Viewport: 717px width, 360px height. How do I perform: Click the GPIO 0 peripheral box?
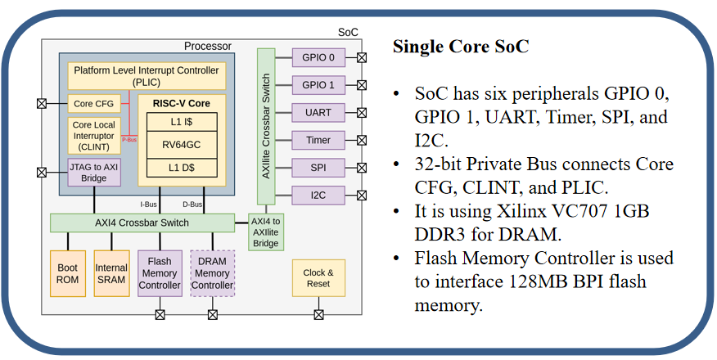click(x=318, y=57)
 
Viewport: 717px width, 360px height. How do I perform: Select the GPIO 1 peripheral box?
click(x=318, y=84)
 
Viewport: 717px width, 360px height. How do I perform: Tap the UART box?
click(x=318, y=112)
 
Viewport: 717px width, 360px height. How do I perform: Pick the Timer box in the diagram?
click(x=318, y=140)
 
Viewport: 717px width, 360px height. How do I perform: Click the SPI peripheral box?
click(x=318, y=167)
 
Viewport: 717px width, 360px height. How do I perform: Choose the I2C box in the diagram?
click(x=318, y=195)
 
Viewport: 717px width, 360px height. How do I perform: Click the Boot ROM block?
click(x=67, y=273)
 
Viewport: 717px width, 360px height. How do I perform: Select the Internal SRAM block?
click(x=111, y=273)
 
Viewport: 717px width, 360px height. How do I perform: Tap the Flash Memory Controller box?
click(x=160, y=273)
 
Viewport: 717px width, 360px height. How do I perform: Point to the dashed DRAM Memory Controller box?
click(x=212, y=273)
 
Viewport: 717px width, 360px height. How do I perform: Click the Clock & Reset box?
click(x=318, y=278)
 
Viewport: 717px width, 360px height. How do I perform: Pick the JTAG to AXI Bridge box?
click(x=94, y=173)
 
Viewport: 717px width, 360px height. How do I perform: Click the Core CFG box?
click(x=94, y=104)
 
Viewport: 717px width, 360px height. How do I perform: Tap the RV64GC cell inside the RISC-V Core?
click(x=182, y=144)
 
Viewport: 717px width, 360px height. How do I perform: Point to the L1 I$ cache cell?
click(x=182, y=121)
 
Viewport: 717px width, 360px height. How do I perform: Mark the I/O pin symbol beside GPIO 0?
click(x=361, y=57)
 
